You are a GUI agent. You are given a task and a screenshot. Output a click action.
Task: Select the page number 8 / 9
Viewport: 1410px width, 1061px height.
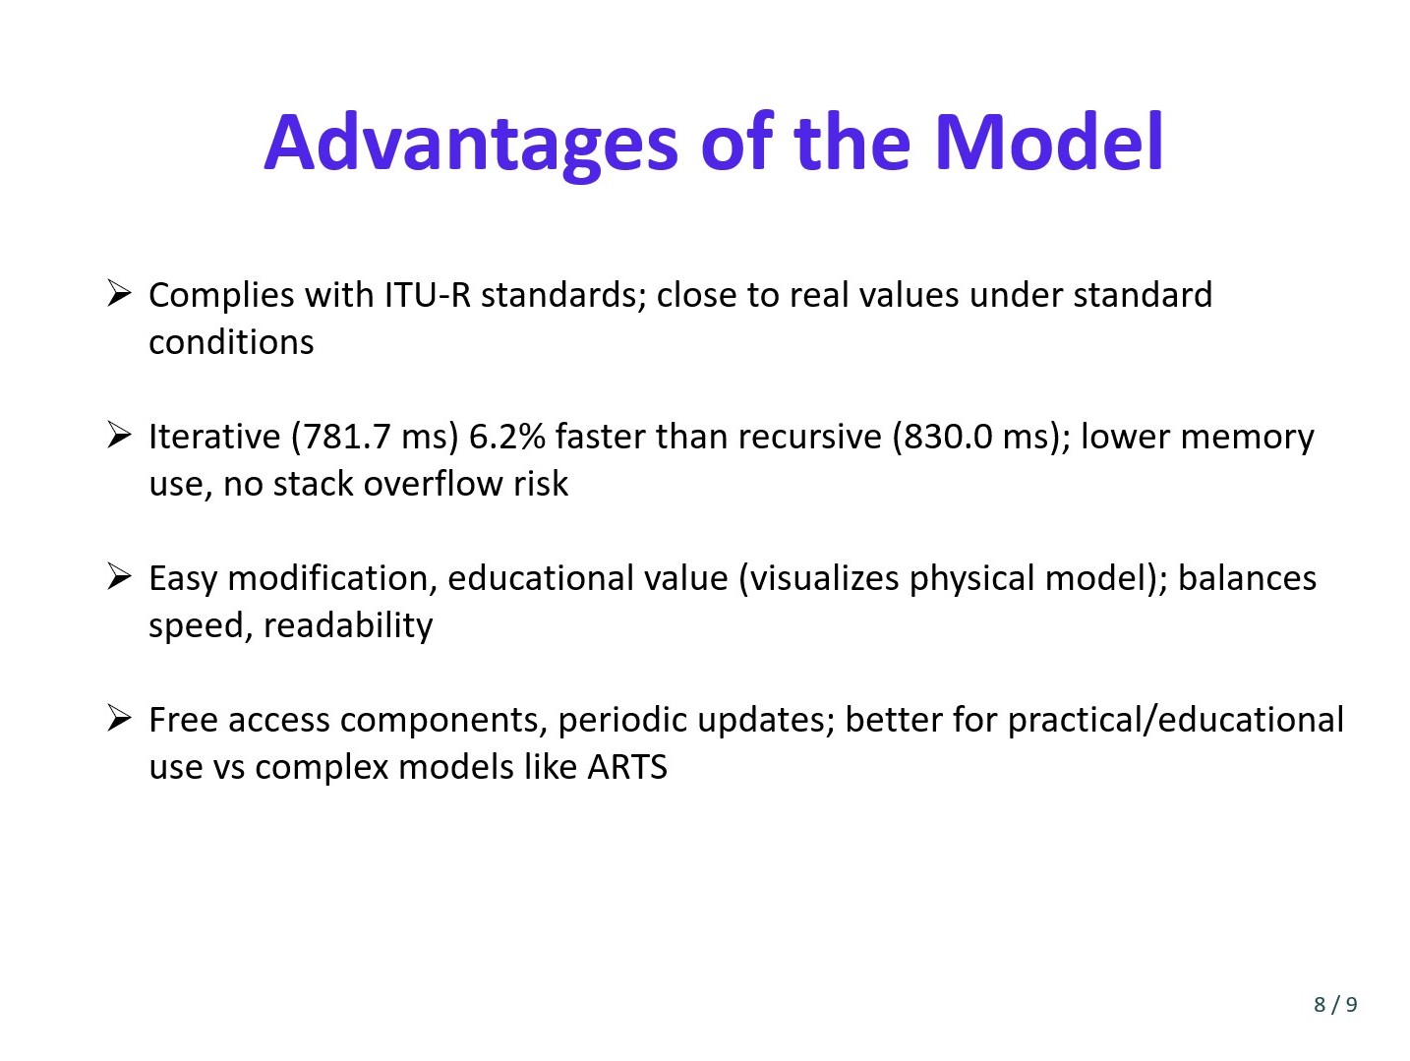(1335, 1004)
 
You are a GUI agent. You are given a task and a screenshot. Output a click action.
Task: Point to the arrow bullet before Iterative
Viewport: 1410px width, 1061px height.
(119, 435)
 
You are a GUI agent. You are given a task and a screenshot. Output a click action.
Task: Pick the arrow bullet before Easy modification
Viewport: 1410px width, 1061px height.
(119, 576)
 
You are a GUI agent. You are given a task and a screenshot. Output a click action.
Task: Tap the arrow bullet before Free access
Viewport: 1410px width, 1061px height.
(119, 718)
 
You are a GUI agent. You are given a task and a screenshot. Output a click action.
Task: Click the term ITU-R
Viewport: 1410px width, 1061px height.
(427, 295)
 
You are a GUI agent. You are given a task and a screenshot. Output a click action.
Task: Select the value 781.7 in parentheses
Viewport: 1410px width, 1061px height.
(346, 437)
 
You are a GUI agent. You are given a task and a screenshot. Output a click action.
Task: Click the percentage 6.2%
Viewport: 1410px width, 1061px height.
(506, 437)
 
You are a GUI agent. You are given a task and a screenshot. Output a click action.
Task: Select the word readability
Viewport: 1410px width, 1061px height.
(348, 626)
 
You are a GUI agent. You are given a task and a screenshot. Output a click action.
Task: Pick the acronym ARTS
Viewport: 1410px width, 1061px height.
(627, 767)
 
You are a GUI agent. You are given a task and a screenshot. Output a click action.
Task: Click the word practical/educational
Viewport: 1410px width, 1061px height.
(1176, 720)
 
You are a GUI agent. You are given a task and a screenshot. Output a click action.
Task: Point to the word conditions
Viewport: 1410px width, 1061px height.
(231, 342)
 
